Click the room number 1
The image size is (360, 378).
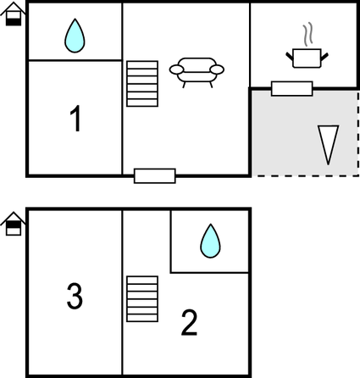(x=75, y=119)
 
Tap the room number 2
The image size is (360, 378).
(x=189, y=323)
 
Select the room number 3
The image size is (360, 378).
(x=75, y=296)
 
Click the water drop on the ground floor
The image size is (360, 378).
(x=75, y=36)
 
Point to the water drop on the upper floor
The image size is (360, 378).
(x=210, y=241)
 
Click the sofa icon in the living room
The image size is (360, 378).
(x=197, y=73)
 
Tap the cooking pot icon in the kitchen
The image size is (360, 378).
(x=307, y=58)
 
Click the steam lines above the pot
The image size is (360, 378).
(x=308, y=34)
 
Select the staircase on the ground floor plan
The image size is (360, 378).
(x=142, y=84)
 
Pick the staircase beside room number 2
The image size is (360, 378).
(x=142, y=298)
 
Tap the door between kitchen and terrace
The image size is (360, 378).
(x=292, y=89)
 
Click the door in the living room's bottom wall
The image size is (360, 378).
(x=155, y=176)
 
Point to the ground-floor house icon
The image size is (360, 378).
(x=14, y=14)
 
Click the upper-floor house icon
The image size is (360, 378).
(x=14, y=224)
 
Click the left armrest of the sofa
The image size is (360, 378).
(x=176, y=69)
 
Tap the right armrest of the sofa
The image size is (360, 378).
(x=217, y=69)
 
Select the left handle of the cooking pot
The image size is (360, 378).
(x=290, y=56)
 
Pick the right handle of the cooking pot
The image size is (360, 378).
(x=324, y=56)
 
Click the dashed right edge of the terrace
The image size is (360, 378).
(x=358, y=133)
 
